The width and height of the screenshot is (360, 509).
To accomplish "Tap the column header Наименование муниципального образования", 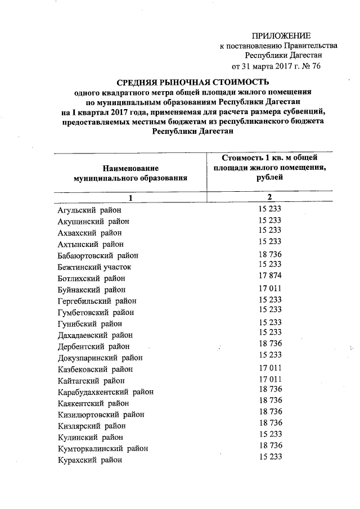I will [130, 173].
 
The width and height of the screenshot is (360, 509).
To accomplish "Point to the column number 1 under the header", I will [130, 197].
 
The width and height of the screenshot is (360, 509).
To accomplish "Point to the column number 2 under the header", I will [269, 197].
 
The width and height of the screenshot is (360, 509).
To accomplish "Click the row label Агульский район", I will [89, 210].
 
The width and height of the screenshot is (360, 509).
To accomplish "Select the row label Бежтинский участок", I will [94, 267].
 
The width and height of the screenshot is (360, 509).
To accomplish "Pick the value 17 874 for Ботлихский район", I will [269, 276].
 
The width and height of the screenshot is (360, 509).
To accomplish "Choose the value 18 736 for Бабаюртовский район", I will [269, 254].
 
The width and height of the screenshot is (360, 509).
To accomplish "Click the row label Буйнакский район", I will [91, 290].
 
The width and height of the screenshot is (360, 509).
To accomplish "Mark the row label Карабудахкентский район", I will [105, 392].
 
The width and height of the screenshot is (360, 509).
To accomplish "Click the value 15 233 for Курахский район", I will [269, 457].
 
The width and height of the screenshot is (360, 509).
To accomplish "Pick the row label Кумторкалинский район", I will [103, 449].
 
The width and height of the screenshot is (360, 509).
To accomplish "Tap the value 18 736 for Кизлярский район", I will [269, 423].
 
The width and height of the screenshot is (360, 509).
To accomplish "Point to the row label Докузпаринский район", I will [100, 358].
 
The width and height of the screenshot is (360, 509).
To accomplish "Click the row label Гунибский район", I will [89, 324].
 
